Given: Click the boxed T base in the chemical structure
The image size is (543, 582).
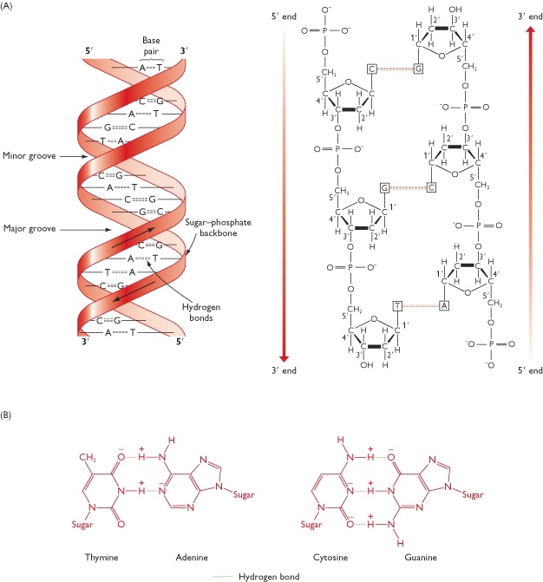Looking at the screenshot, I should pyautogui.click(x=397, y=306).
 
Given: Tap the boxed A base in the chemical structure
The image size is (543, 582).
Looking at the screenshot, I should pyautogui.click(x=442, y=306).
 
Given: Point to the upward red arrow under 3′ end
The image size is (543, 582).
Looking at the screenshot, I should pyautogui.click(x=531, y=191).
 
